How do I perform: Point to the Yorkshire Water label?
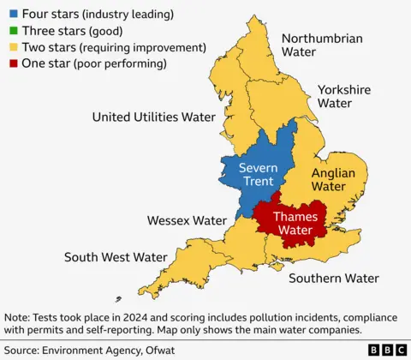click(x=344, y=96)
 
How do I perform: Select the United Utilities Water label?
click(x=153, y=117)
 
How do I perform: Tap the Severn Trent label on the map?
click(x=257, y=174)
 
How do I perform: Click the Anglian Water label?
click(x=332, y=179)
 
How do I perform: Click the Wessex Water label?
click(x=187, y=220)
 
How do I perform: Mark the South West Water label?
click(x=116, y=257)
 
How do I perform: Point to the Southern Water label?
click(x=333, y=278)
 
